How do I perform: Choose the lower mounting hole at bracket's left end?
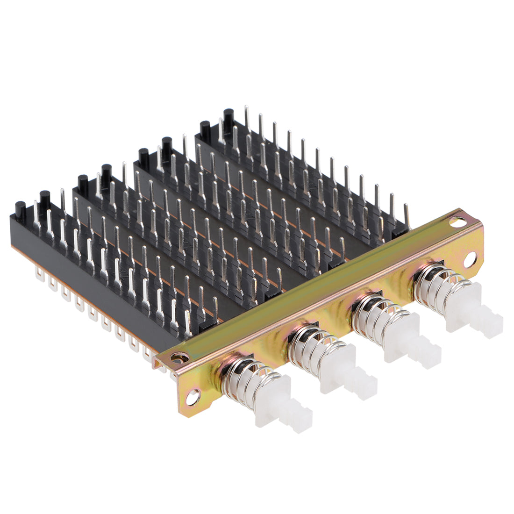pos(192,398)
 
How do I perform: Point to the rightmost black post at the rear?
pos(228,115)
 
